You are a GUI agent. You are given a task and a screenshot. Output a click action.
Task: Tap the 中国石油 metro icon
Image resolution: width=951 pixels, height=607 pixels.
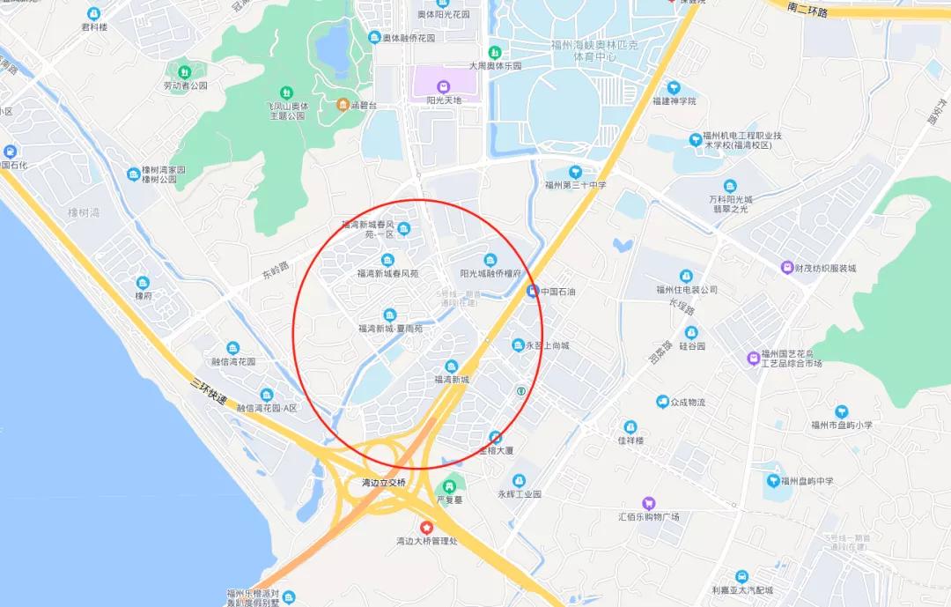pyautogui.click(x=533, y=291)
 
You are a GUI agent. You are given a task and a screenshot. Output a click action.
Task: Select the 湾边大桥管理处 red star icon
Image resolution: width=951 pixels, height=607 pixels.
pyautogui.click(x=427, y=526)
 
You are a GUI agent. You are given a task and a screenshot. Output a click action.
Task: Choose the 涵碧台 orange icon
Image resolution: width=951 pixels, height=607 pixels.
pyautogui.click(x=343, y=106)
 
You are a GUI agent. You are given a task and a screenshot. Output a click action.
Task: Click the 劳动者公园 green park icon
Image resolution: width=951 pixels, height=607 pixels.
pyautogui.click(x=184, y=71)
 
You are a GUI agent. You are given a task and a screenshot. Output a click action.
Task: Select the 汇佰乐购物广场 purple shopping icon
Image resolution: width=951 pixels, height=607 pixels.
pyautogui.click(x=649, y=503)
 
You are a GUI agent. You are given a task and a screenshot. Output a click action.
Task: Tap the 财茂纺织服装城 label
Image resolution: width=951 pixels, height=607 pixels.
pyautogui.click(x=824, y=268)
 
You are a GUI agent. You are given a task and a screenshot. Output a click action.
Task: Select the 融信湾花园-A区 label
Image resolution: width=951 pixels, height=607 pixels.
pyautogui.click(x=268, y=408)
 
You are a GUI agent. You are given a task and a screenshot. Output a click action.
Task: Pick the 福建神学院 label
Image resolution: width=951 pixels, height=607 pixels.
pyautogui.click(x=674, y=101)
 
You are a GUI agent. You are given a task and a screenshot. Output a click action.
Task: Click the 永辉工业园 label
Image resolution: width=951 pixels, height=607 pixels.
pyautogui.click(x=520, y=494)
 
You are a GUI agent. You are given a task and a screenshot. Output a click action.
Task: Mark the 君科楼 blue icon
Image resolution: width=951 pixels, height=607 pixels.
pyautogui.click(x=94, y=13)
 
